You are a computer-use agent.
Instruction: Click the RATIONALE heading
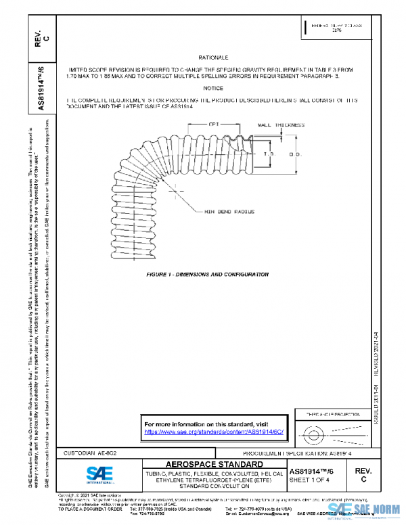(214, 58)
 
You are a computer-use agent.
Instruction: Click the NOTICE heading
(214, 89)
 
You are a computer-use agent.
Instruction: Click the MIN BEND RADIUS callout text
(230, 212)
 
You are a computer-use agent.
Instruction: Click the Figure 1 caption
(208, 274)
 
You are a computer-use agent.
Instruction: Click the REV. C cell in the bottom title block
(363, 474)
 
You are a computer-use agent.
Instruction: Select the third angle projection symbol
(327, 431)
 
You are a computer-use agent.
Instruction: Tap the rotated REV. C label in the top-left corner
(42, 41)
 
